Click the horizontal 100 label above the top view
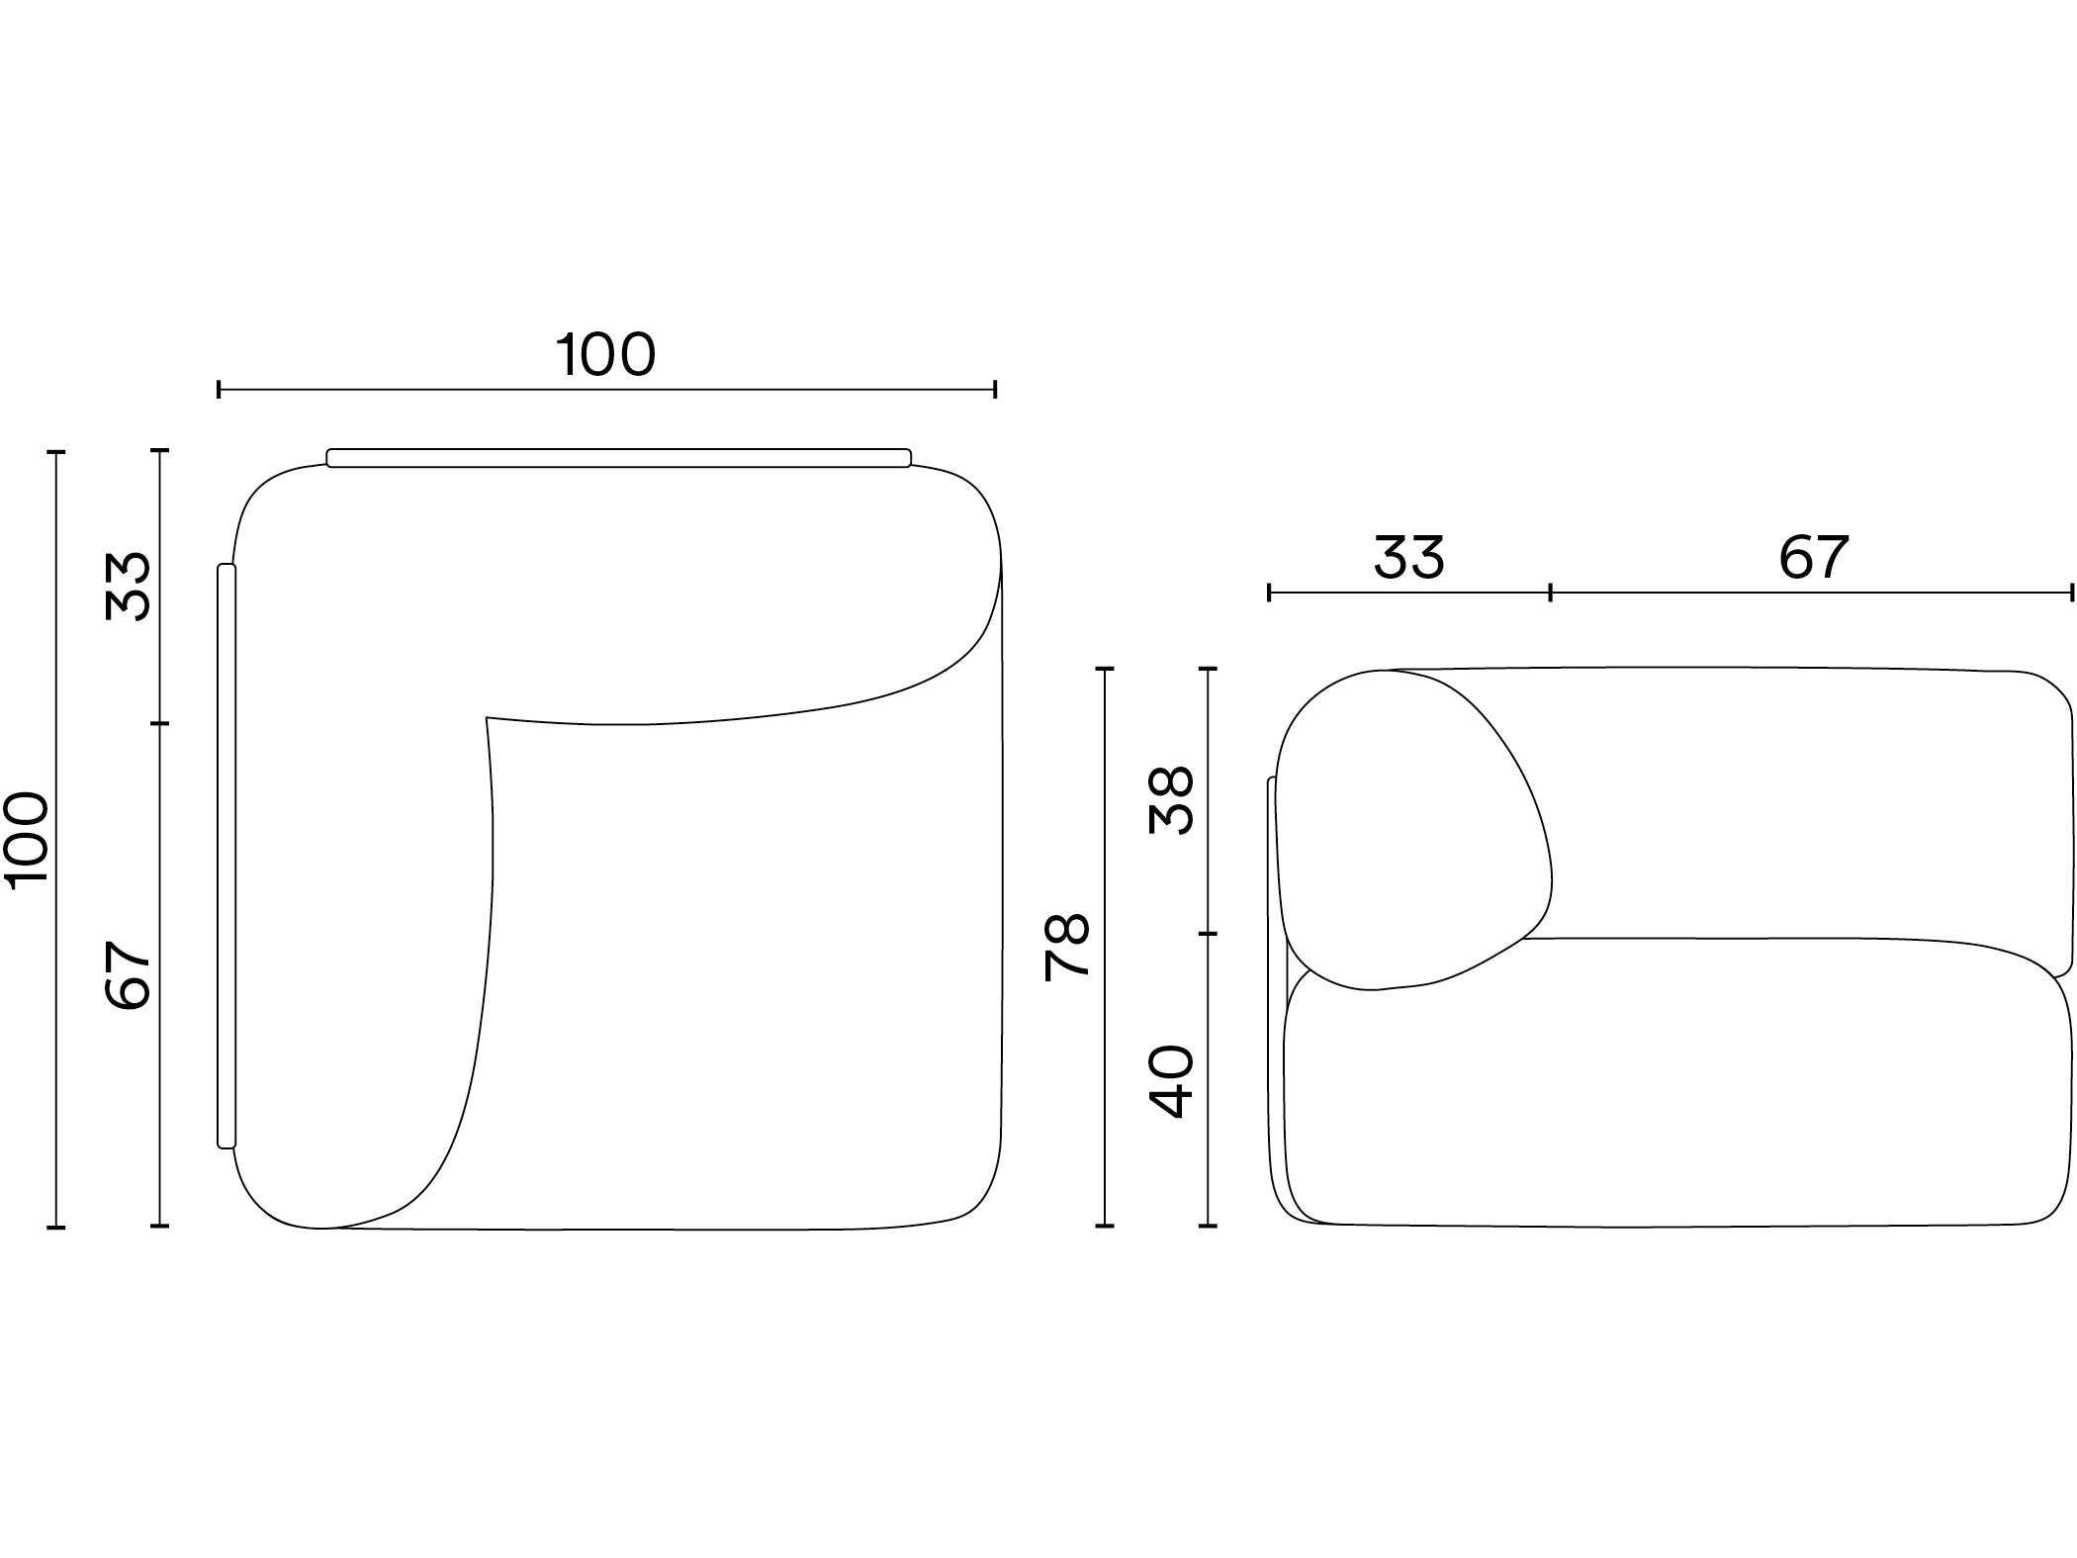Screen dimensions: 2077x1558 pos(606,355)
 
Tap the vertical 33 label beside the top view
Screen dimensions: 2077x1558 pos(128,586)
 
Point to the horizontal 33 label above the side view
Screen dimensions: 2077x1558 pos(1408,557)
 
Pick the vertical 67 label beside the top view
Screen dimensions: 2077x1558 pos(128,974)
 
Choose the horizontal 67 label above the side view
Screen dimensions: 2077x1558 pos(1813,557)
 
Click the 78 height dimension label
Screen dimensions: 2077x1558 pos(1067,947)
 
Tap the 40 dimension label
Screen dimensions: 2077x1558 pos(1172,1081)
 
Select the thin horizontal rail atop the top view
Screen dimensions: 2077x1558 pos(618,457)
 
